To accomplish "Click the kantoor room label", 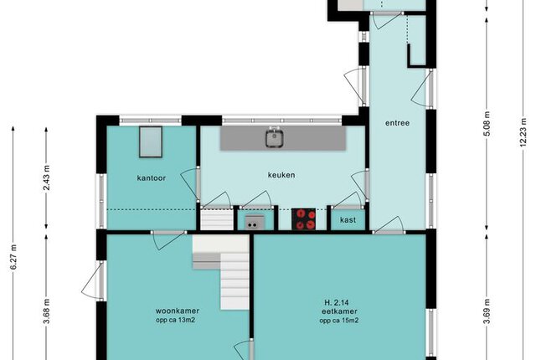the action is pos(151,178).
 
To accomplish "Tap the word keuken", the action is pos(281,175).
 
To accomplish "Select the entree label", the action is pos(397,123).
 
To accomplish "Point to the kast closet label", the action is pos(348,220).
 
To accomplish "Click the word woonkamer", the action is pos(178,311).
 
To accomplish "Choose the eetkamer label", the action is pos(339,311).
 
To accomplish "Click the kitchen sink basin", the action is pos(274,139).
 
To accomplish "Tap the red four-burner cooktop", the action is pos(303,219).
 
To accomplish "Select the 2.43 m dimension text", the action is pos(47,177).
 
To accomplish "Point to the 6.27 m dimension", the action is pos(13,257).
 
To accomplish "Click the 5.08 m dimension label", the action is pos(487,123).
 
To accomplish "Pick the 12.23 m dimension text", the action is pos(523,132).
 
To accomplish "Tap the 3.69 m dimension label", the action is pos(487,311).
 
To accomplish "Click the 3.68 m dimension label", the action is pos(47,311).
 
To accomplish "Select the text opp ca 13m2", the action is pos(175,321).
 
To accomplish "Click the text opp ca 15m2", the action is pos(339,321).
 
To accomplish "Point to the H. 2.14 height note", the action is pos(337,302).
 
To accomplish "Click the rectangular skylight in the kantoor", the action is pos(151,141).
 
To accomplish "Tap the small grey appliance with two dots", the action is pos(255,222).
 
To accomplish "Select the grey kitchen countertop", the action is pos(283,138).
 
